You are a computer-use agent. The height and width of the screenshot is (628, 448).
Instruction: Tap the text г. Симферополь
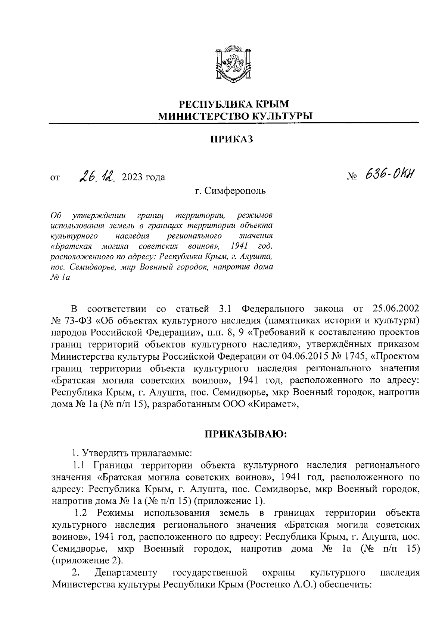point(230,191)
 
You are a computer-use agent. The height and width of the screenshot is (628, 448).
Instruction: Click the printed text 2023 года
point(141,177)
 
